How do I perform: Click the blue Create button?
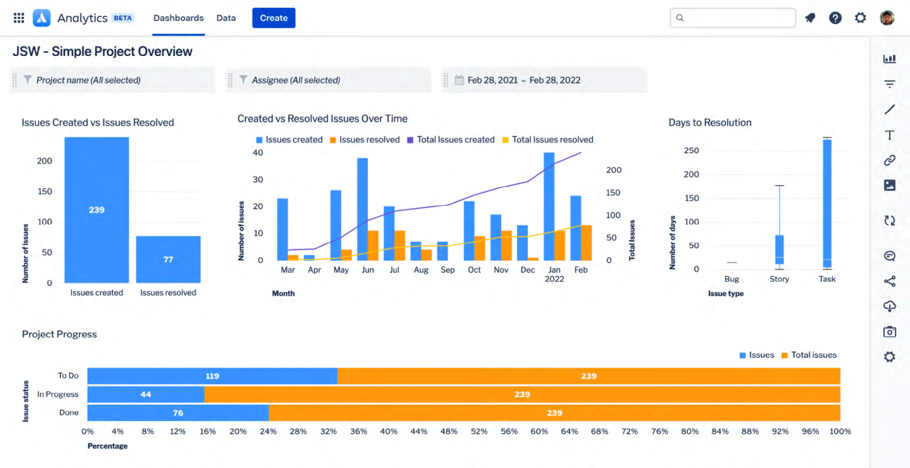pyautogui.click(x=273, y=18)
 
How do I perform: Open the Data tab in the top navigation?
pyautogui.click(x=226, y=18)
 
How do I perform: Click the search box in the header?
pyautogui.click(x=732, y=18)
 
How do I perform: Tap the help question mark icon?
pyautogui.click(x=835, y=18)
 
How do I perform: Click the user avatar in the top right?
pyautogui.click(x=887, y=18)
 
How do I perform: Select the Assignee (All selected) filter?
pyautogui.click(x=295, y=80)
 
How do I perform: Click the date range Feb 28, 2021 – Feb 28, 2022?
pyautogui.click(x=523, y=80)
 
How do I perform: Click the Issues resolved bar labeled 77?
pyautogui.click(x=168, y=259)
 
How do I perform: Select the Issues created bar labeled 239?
pyautogui.click(x=97, y=210)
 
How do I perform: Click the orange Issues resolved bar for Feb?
pyautogui.click(x=586, y=243)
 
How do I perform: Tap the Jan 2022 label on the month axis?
pyautogui.click(x=554, y=274)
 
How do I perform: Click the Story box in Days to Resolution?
pyautogui.click(x=779, y=249)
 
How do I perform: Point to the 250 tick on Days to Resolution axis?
pyautogui.click(x=691, y=151)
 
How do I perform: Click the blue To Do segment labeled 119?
pyautogui.click(x=212, y=376)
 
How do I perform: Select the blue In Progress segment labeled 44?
pyautogui.click(x=146, y=394)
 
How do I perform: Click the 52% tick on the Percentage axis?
pyautogui.click(x=479, y=432)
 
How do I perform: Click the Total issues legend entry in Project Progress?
pyautogui.click(x=809, y=355)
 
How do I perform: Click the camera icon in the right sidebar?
pyautogui.click(x=889, y=332)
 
